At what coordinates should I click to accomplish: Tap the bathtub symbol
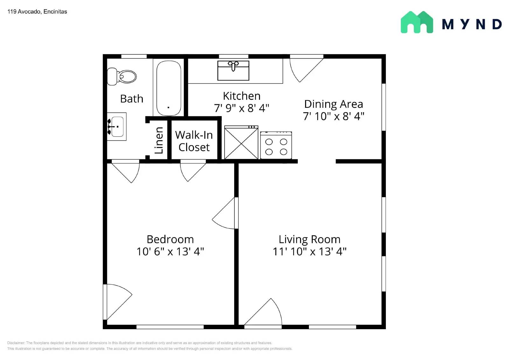point(169,88)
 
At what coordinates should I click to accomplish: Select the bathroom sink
point(116,127)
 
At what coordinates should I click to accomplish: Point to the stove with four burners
point(276,146)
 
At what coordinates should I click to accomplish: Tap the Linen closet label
point(158,140)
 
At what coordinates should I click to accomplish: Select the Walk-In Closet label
point(194,141)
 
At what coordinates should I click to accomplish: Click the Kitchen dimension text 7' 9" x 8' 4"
point(241,108)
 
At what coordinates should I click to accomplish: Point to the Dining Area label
point(333,104)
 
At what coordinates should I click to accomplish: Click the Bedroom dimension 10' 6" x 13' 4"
point(170,252)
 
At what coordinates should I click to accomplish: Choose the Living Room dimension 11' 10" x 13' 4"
point(309,252)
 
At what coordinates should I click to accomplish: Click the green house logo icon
point(417,22)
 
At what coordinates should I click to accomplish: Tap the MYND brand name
point(472,24)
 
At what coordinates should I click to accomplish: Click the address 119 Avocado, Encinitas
point(37,12)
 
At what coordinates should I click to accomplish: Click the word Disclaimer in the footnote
point(16,343)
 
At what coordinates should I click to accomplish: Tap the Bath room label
point(132,99)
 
